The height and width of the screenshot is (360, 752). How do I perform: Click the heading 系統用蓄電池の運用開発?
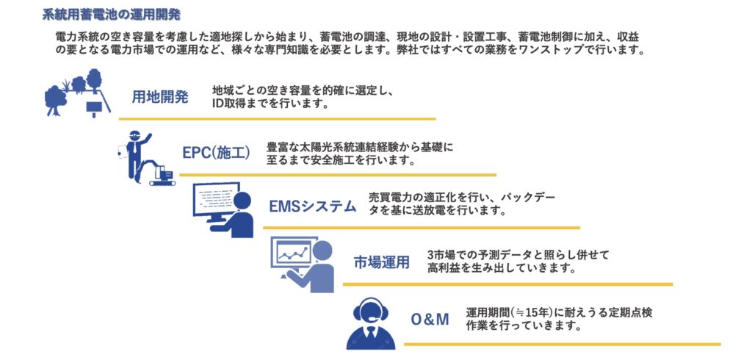tap(112, 15)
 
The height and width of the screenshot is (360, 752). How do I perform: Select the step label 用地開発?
tap(160, 98)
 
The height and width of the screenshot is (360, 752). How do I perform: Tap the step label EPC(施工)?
tap(217, 153)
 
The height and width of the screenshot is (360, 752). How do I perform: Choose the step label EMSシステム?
tap(313, 206)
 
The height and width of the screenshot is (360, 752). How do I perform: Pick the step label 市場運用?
tap(382, 262)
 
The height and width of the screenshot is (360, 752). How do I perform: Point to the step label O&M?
tap(430, 319)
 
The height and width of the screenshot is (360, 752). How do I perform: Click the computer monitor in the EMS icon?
tap(216, 202)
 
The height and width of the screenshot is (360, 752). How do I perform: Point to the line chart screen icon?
tap(294, 252)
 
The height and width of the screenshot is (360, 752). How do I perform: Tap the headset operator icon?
tap(371, 323)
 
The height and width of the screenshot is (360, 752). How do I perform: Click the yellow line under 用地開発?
tap(277, 118)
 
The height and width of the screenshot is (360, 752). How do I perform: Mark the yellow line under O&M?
tap(562, 344)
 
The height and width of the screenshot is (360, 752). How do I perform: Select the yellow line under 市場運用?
tap(508, 284)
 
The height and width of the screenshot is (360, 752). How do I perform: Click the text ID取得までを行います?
tap(272, 103)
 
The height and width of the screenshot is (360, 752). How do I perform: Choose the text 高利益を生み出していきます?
tap(501, 268)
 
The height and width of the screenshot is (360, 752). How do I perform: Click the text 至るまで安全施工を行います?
tap(341, 160)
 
